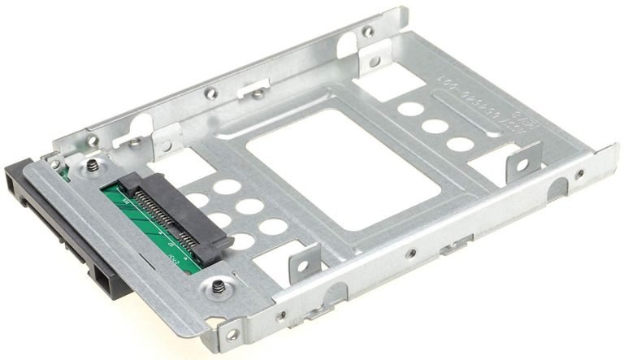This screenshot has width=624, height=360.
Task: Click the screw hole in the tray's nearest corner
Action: coord(232,334)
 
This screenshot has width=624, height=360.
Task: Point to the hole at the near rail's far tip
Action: coord(578,174)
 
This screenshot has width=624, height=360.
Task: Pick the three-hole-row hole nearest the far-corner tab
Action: coord(411,108)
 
